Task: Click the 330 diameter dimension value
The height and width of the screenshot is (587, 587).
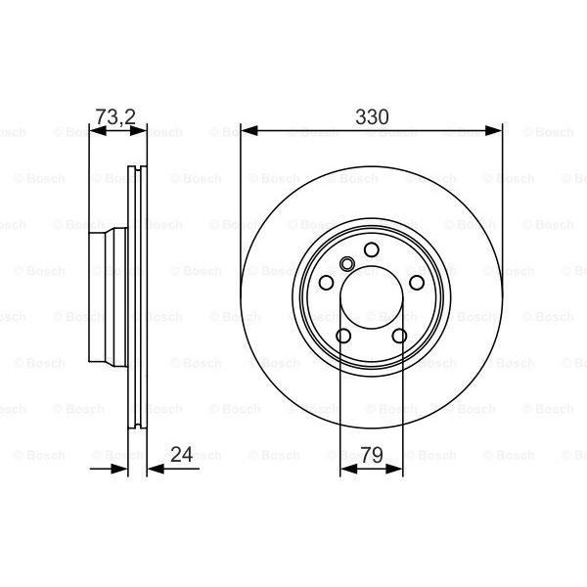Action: [x=372, y=116]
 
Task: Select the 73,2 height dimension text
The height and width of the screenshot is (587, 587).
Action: [x=115, y=117]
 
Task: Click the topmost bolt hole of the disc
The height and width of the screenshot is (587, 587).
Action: [x=371, y=252]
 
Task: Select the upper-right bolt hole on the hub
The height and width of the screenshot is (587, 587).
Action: [x=417, y=283]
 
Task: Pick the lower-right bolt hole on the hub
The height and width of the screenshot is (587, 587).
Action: [x=399, y=337]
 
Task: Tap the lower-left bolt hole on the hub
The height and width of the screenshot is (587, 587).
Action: [x=343, y=337]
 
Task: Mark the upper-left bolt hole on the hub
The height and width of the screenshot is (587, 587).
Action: [x=326, y=283]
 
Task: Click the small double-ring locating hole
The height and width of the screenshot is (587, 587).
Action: [x=348, y=264]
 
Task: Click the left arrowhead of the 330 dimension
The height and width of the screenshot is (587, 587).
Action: [x=248, y=129]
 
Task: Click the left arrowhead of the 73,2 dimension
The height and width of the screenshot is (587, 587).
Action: [x=95, y=129]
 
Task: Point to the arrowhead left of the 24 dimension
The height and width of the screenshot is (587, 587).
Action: [x=121, y=470]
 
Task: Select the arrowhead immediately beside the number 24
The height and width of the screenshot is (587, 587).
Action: [x=154, y=470]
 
